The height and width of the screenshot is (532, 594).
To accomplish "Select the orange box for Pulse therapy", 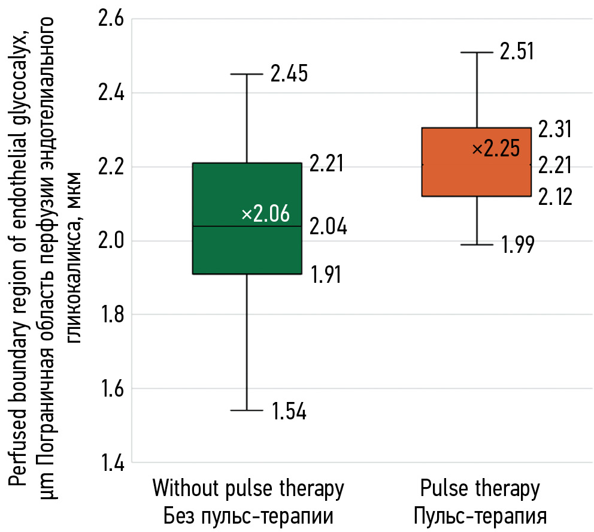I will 477,180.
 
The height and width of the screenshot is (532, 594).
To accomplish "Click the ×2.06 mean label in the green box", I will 265,214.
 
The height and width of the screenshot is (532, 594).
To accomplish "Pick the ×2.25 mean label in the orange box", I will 496,149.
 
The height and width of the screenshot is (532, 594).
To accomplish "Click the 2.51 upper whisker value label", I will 516,52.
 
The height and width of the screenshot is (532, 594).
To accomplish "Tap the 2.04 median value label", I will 329,226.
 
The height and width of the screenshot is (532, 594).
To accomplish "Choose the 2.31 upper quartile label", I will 555,129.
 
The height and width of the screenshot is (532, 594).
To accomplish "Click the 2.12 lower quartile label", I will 555,197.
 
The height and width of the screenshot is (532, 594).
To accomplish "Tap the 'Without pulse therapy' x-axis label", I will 248,489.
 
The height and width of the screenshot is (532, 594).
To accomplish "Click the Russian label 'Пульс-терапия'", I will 480,515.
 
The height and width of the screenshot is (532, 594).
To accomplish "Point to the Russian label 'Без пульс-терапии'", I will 248,515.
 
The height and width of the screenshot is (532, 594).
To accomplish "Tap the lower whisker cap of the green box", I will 247,410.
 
